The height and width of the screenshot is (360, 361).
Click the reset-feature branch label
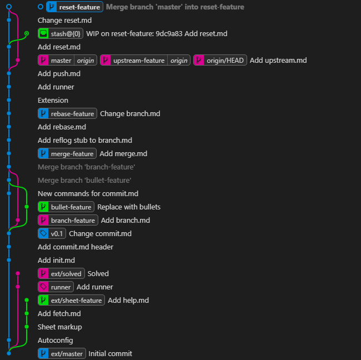tap(74, 7)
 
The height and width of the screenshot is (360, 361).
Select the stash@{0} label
tap(61, 34)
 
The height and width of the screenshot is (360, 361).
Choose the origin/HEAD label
tap(220, 61)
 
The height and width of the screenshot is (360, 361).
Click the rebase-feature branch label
tap(67, 114)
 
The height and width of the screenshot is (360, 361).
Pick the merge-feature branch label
tap(67, 154)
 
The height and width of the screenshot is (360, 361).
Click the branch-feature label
tap(67, 221)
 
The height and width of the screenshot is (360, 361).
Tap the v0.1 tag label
tap(52, 234)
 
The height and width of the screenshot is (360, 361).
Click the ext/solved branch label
tap(61, 274)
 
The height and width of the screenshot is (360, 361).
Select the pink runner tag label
tap(56, 287)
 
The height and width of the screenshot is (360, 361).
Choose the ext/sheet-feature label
tap(71, 301)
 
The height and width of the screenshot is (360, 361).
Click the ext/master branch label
tap(62, 354)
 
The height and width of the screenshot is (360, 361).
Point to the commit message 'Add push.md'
tap(59, 74)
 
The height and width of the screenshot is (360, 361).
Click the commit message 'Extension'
tap(53, 101)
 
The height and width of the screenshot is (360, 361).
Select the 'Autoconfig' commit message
tap(55, 341)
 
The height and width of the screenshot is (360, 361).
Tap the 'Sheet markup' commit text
tap(59, 327)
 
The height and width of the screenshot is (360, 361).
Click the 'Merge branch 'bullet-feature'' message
tap(84, 181)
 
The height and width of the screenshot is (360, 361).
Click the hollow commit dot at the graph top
tap(9, 7)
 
